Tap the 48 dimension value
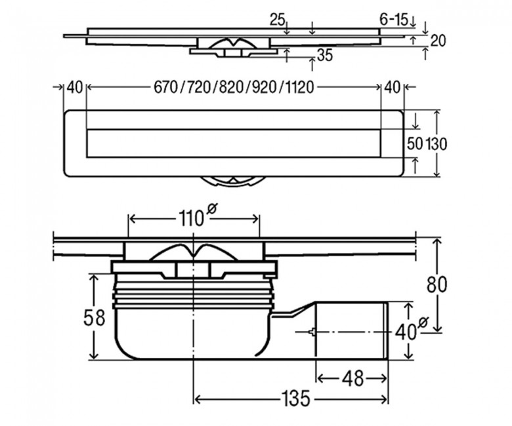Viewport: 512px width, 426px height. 352,378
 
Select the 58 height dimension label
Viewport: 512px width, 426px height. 94,317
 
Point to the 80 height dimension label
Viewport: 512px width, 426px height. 437,284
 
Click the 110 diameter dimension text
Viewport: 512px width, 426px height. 191,218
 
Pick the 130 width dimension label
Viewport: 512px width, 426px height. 436,144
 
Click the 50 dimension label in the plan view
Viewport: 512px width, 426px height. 415,144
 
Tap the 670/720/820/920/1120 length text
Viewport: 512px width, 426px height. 234,87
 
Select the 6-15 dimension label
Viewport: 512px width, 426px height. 394,20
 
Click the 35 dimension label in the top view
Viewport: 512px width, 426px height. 325,56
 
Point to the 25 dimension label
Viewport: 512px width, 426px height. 278,20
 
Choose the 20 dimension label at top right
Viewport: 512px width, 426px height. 438,41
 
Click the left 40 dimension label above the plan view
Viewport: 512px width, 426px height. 75,87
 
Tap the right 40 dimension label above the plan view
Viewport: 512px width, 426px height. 392,87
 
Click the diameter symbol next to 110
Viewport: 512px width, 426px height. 211,208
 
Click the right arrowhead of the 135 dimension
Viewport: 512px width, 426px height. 384,399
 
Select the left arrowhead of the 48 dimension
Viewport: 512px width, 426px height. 321,379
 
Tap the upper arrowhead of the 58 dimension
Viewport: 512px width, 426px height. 94,278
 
